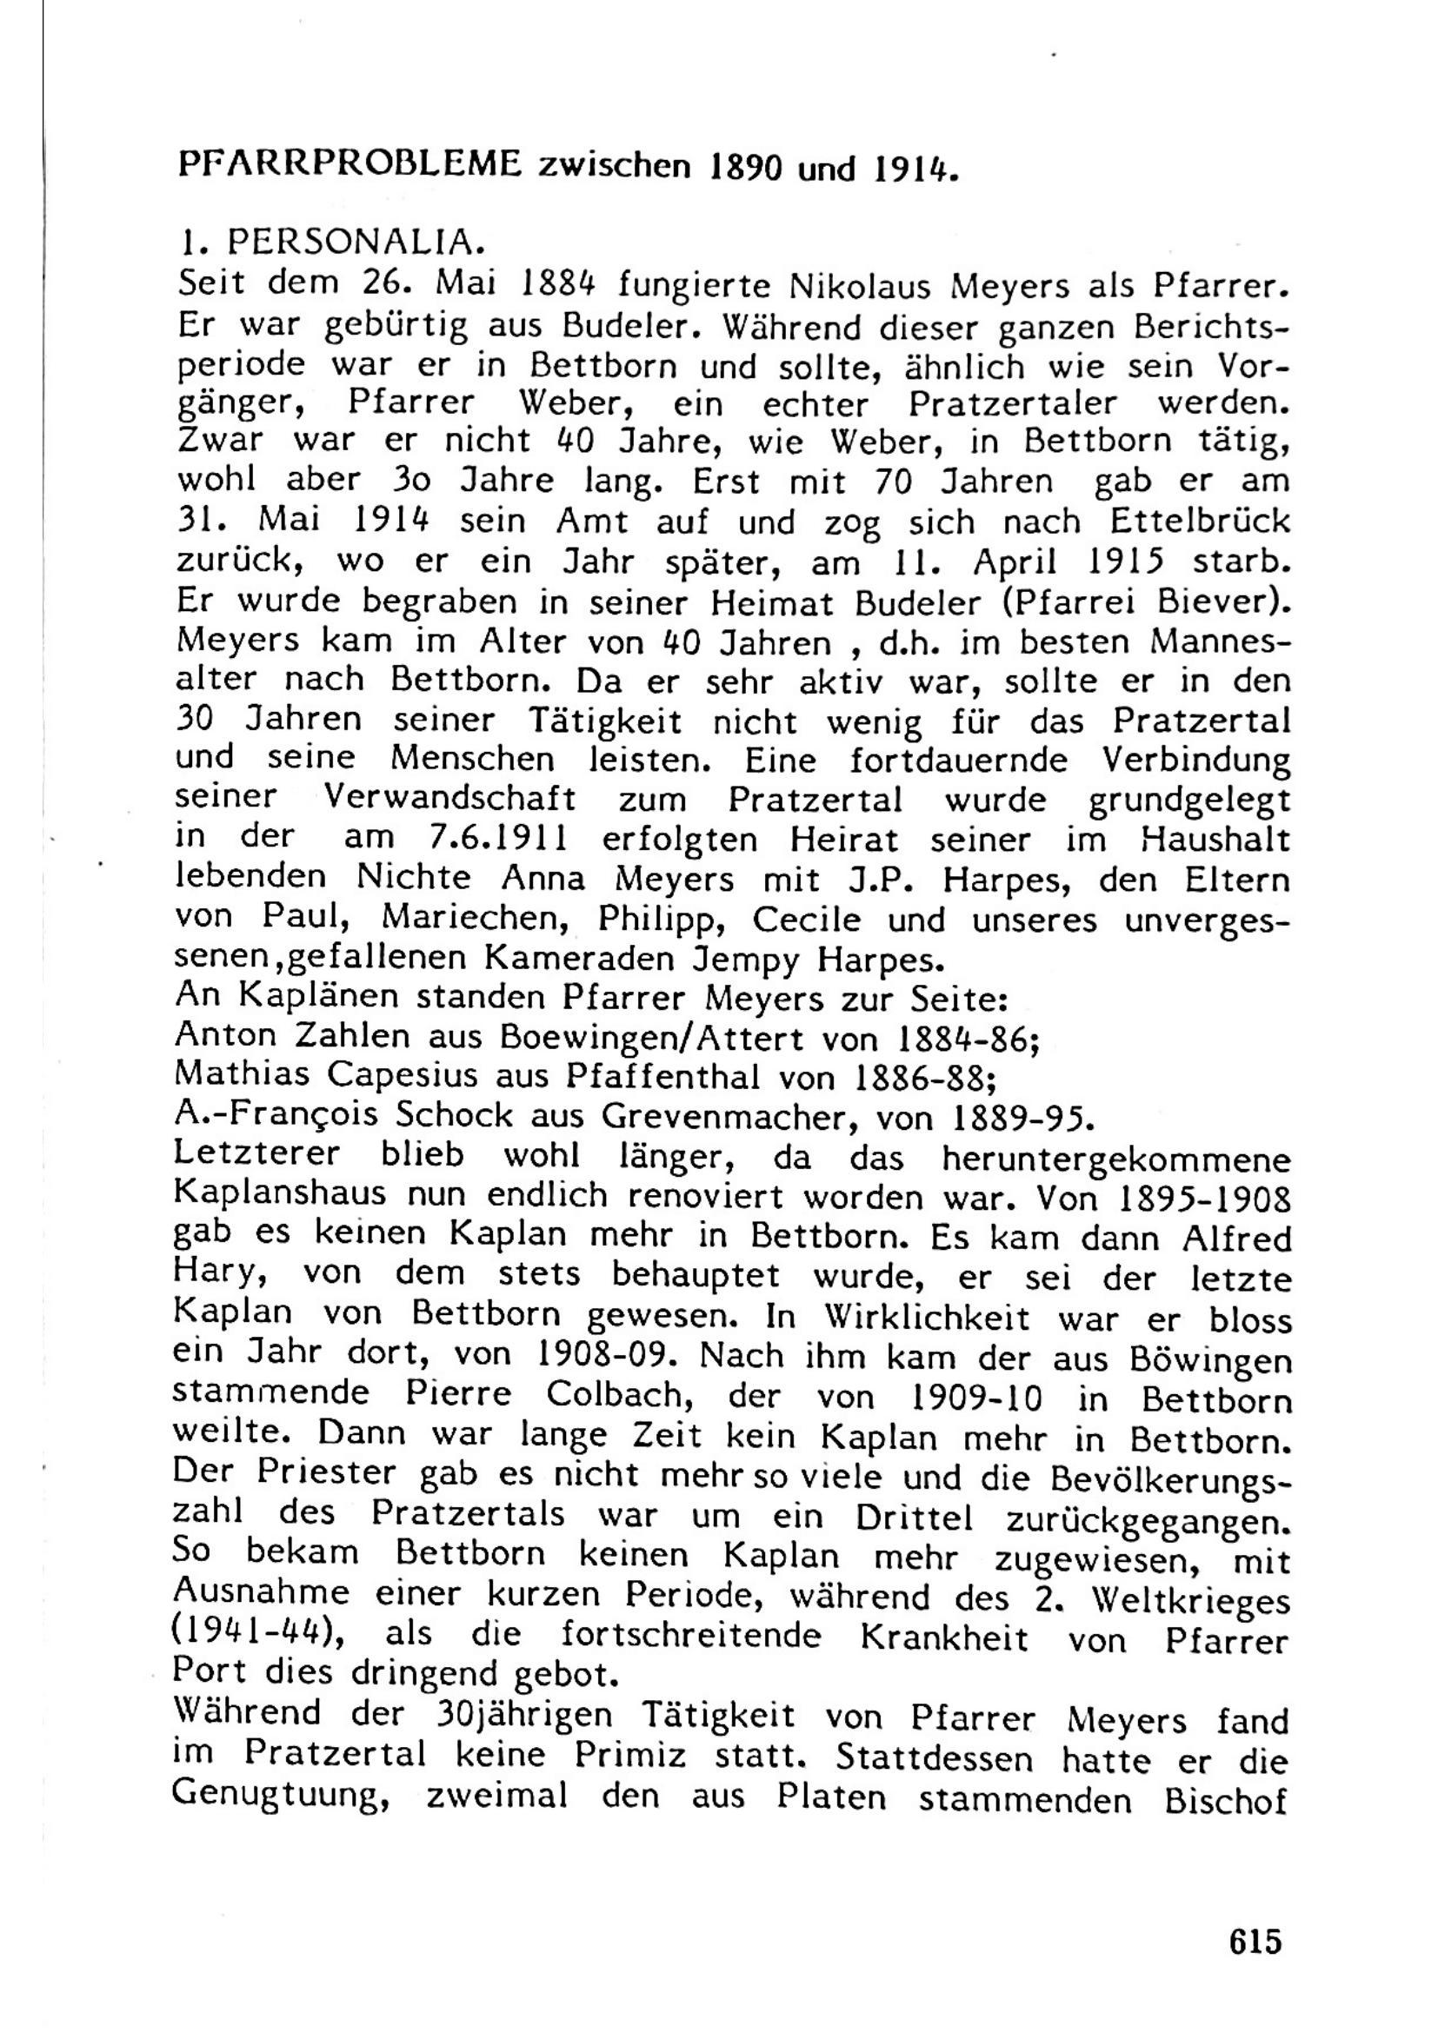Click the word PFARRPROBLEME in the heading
click(350, 163)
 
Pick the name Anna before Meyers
click(543, 879)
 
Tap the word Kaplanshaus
click(282, 1194)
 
